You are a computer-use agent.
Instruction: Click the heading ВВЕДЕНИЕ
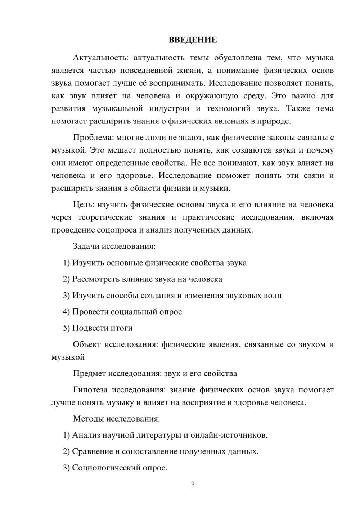[193, 40]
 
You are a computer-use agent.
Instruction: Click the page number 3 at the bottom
[193, 485]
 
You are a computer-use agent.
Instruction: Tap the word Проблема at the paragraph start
[88, 138]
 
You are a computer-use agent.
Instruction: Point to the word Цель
[83, 204]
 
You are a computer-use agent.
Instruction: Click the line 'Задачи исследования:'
[114, 246]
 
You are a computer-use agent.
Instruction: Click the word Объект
[86, 344]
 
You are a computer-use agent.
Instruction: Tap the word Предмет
[89, 373]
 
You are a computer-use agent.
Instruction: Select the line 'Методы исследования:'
[116, 419]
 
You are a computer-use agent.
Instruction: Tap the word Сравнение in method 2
[92, 451]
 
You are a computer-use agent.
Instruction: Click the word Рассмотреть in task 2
[94, 279]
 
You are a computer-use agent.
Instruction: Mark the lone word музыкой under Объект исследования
[68, 357]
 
